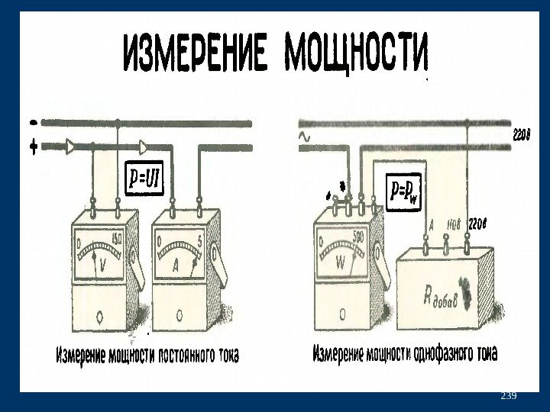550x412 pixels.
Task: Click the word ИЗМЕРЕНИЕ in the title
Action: point(196,53)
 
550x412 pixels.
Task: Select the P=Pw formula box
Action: point(403,190)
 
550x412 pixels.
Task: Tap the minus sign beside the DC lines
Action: point(32,122)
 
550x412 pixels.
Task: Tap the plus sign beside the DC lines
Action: point(33,148)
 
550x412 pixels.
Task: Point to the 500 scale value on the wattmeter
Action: point(359,236)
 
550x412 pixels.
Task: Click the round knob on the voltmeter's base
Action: point(102,314)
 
